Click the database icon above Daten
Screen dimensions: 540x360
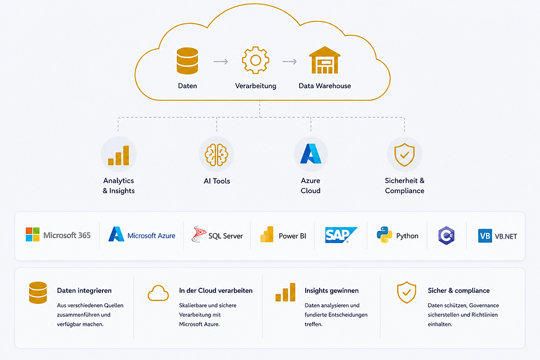tap(187, 61)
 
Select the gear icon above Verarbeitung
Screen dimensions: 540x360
tap(256, 60)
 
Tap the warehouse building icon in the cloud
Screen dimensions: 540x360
tap(325, 60)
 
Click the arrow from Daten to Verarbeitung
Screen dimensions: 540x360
tap(221, 62)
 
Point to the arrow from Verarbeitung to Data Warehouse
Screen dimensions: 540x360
tap(290, 62)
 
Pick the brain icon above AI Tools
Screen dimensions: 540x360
tap(216, 155)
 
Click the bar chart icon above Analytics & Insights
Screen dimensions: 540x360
tap(118, 155)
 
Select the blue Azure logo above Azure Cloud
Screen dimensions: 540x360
tap(311, 154)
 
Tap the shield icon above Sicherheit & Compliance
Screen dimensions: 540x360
tap(404, 155)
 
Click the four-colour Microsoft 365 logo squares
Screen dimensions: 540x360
tap(33, 235)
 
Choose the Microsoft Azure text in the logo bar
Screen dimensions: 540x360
tap(151, 235)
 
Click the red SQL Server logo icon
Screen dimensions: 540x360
tap(199, 234)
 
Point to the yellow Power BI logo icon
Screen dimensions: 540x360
tap(267, 235)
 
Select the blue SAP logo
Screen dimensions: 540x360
tap(341, 235)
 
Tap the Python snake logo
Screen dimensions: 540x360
tap(385, 235)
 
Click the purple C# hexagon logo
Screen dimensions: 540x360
tap(446, 235)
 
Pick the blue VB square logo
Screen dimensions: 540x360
tap(485, 236)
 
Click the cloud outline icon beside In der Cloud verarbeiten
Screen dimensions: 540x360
tap(158, 293)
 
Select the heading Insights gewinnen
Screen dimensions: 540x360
tap(332, 291)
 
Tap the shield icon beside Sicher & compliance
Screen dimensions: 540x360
tap(407, 293)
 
